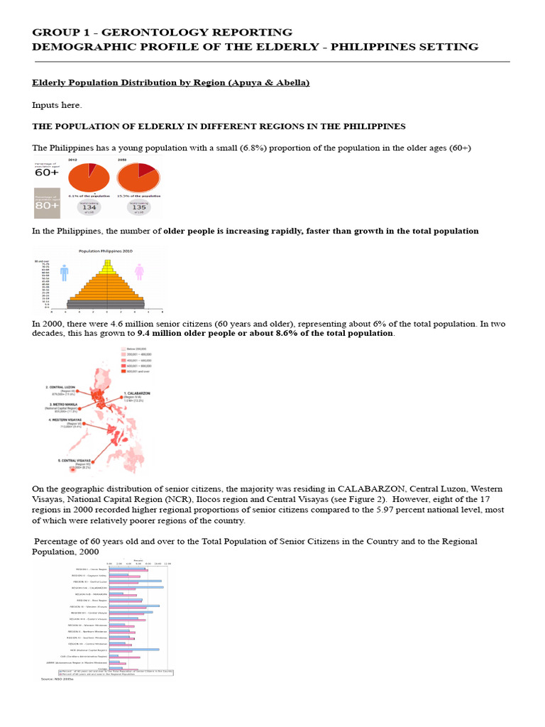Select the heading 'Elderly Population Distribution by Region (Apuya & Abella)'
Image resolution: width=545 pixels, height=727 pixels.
point(171,83)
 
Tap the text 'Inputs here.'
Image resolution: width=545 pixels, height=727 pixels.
point(57,105)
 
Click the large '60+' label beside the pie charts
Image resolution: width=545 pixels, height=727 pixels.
point(47,172)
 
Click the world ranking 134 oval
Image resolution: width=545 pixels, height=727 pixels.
point(89,207)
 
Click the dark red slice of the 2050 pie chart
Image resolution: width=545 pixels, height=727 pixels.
point(145,170)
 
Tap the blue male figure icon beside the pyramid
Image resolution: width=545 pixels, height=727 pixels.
point(65,273)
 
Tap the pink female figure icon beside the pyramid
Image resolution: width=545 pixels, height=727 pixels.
point(140,272)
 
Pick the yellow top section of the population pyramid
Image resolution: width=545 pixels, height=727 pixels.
point(107,267)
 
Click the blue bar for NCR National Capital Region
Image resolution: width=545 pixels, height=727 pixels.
point(134,649)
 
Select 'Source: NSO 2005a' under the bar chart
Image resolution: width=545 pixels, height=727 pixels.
point(59,679)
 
